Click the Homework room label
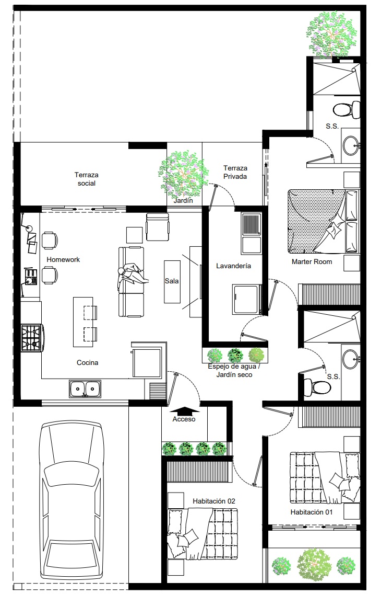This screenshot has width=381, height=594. pos(63,259)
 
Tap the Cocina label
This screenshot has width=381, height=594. pos(87,362)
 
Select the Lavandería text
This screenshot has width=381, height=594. pos(234,266)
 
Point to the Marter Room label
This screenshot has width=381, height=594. pos(312,261)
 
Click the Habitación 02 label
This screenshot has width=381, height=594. pos(214,501)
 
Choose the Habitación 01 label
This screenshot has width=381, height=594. pos(312,512)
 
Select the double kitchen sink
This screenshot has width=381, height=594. pos(85,389)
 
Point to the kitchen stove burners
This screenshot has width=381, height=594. pos(31,338)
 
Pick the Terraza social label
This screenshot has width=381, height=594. pos(87,179)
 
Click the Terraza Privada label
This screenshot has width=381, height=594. pos(235,172)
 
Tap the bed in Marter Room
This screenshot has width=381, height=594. pos(324,221)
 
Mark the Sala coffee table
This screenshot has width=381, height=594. pos(172,281)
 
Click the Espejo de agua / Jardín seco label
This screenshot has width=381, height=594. pos(234,371)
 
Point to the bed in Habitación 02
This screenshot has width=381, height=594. pos(203,534)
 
